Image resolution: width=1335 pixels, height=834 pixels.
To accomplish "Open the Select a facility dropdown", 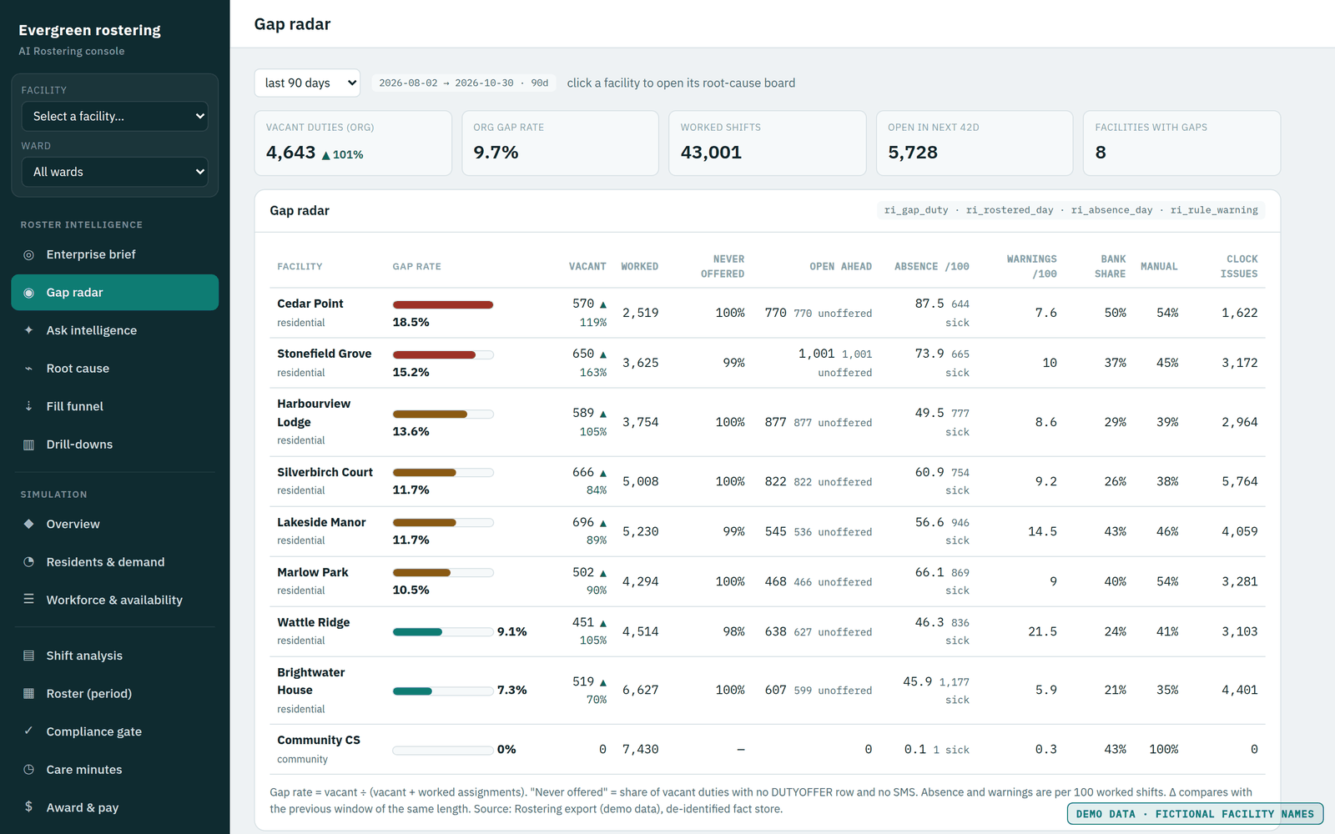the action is pos(114,116).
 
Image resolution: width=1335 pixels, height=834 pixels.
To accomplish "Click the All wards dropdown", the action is pos(114,172).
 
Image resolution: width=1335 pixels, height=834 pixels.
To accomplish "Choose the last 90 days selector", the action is pos(307,83).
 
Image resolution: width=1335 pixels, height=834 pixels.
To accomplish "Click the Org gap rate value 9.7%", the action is pos(496,153).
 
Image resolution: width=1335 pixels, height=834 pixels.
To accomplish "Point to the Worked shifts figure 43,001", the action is pos(711,153).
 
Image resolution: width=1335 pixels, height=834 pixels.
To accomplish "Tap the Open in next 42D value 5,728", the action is pos(913,153).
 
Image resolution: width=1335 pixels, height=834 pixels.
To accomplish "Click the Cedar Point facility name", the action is pos(310,304).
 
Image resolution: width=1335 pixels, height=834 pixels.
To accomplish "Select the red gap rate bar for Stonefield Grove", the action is pos(434,355).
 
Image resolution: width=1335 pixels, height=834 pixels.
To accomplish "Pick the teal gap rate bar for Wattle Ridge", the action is pos(417,632).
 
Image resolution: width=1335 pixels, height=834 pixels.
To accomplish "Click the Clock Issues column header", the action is pos(1238,266).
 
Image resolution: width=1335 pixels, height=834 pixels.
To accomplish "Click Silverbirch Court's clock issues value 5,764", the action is pos(1240,481).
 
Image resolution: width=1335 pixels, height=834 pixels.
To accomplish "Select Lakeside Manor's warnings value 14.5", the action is pos(1042,531).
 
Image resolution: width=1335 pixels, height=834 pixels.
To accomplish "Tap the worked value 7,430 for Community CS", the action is pos(640,750).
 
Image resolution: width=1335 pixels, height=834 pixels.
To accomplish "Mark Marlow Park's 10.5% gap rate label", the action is pos(411,590).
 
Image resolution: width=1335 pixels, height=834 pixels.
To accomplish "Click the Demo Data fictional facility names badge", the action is pos(1195,814).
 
